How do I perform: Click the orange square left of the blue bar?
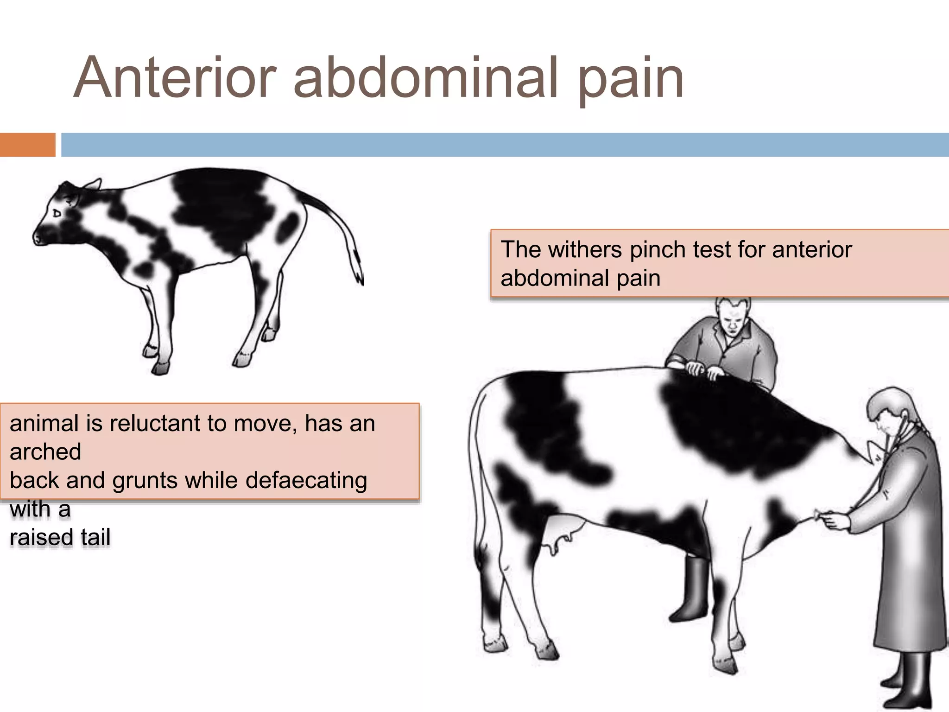pos(27,145)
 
